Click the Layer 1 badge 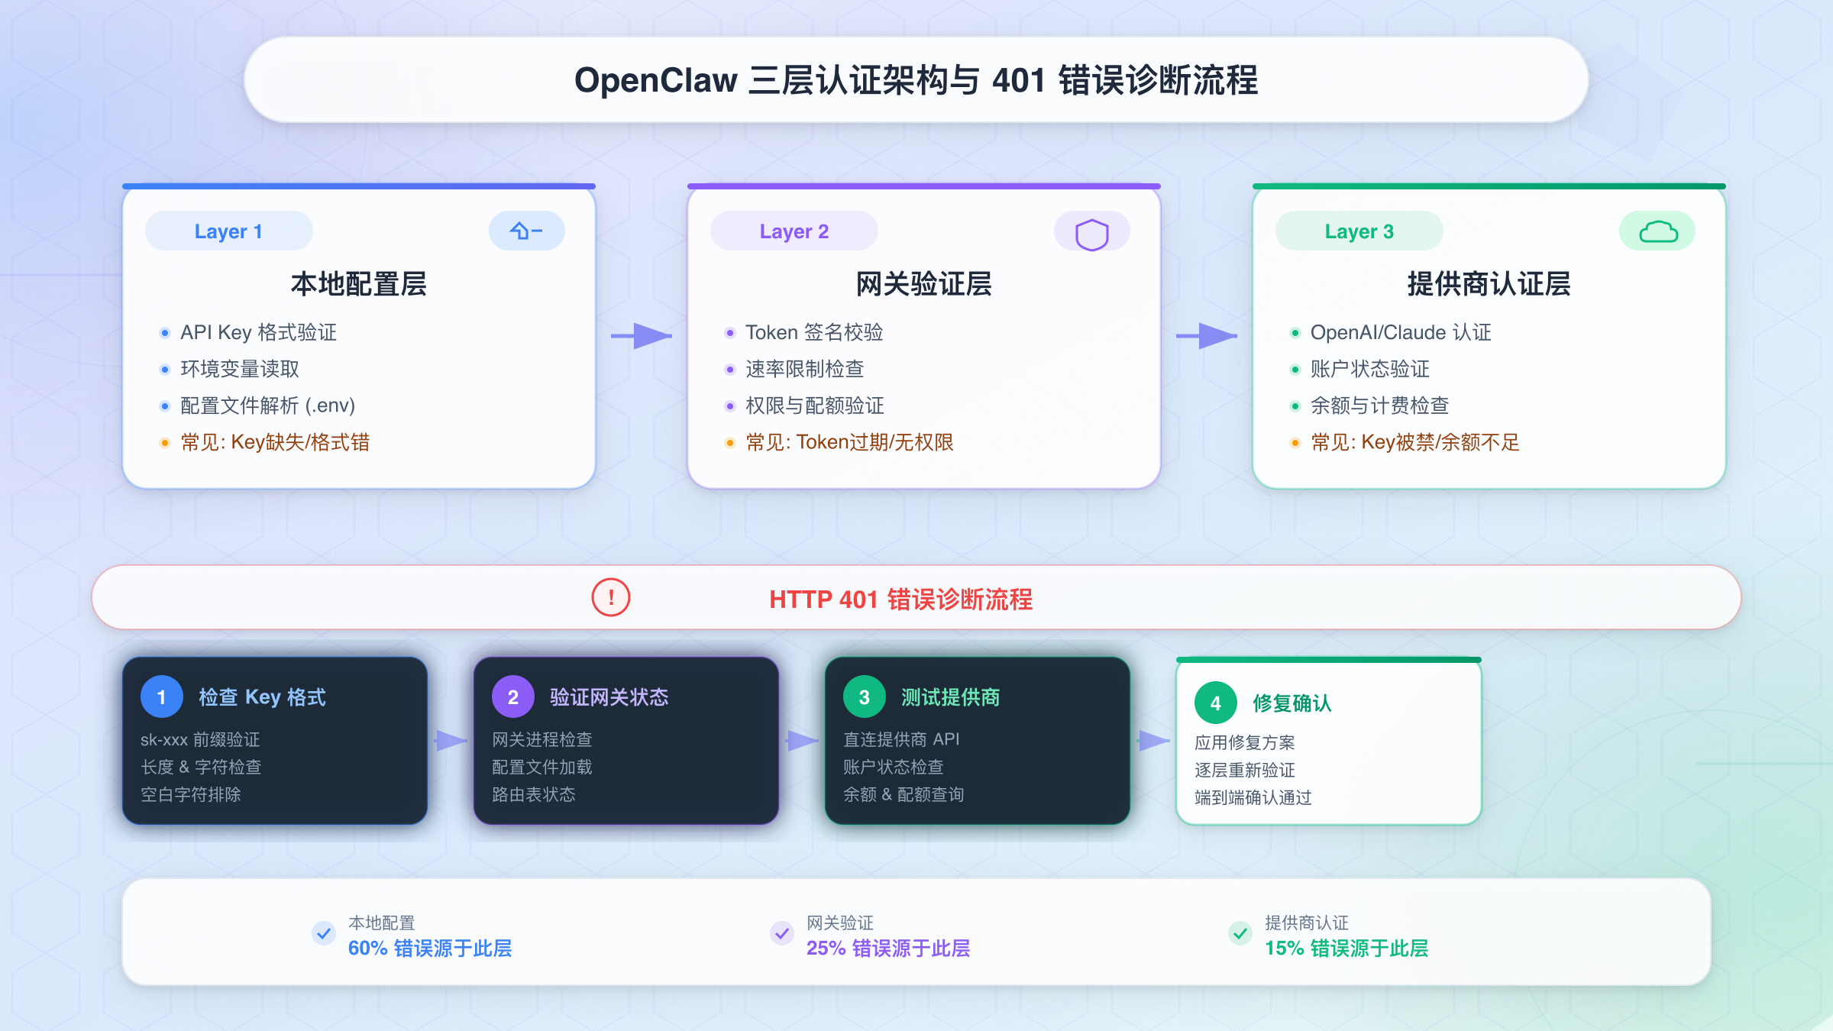point(228,231)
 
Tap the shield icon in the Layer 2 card point(1091,234)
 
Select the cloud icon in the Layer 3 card point(1658,231)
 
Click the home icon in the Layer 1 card point(526,231)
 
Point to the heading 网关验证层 point(923,284)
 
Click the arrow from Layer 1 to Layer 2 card point(642,335)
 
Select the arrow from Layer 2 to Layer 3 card point(1207,335)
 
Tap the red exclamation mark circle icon point(611,597)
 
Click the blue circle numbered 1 point(162,696)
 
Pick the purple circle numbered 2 point(513,696)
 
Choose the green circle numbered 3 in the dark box point(865,696)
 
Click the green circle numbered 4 point(1216,703)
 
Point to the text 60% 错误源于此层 point(430,949)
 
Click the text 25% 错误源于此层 point(888,949)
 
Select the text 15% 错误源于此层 point(1346,949)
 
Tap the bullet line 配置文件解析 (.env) point(267,406)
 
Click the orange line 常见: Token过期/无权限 point(849,442)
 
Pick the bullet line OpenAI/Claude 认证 point(1401,332)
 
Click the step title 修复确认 point(1292,703)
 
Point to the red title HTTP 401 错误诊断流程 point(900,600)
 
